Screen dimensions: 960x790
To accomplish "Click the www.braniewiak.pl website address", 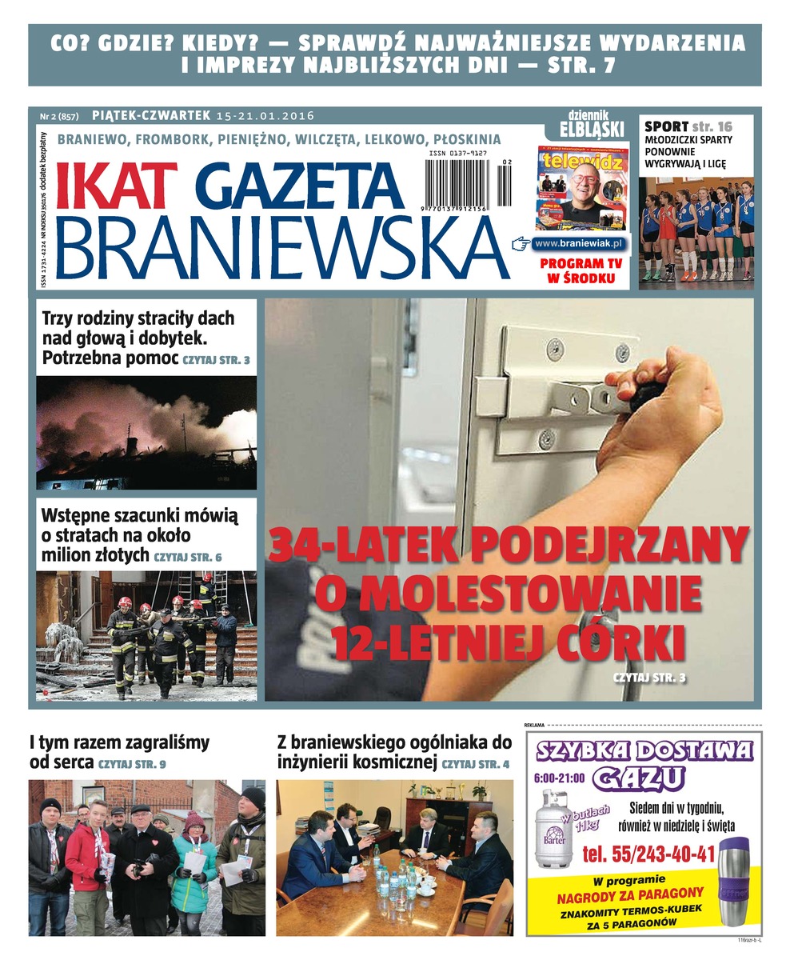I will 580,242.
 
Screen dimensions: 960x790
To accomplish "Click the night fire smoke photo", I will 146,433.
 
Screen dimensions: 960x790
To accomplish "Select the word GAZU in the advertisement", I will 644,776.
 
